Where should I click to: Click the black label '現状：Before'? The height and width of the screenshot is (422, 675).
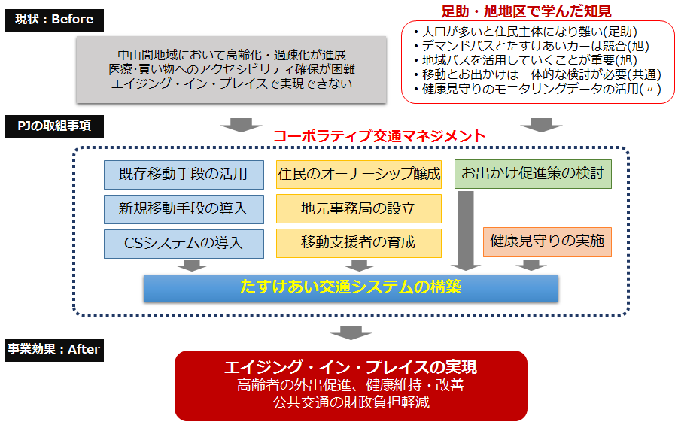(54, 20)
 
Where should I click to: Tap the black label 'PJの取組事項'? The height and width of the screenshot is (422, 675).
(54, 126)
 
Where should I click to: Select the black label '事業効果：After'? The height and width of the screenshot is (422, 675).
(54, 350)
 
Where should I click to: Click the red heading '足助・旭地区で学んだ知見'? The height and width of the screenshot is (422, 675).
(526, 11)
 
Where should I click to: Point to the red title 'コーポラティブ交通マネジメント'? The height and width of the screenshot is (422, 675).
(379, 136)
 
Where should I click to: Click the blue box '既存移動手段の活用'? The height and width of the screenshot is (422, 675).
(184, 175)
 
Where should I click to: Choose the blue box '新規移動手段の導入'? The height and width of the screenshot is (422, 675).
(184, 209)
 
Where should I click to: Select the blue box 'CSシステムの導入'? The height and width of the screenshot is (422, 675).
(184, 244)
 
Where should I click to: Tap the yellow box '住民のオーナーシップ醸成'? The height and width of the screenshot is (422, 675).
(359, 175)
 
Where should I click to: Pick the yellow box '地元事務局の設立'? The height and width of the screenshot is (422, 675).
(359, 208)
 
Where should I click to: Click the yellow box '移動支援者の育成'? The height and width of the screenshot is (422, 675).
(359, 243)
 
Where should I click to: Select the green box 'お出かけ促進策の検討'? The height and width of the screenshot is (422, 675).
(533, 174)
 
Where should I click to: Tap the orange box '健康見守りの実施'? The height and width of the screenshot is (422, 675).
(547, 241)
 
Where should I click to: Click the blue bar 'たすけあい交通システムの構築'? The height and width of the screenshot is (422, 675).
(351, 288)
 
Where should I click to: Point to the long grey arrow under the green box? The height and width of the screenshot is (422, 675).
(465, 231)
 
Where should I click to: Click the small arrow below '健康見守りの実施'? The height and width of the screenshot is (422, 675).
(531, 265)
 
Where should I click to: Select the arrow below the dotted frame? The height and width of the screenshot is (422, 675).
(351, 332)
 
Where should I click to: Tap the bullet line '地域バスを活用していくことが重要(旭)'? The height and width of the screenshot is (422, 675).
(525, 60)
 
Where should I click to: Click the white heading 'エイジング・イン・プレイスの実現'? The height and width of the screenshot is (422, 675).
(351, 367)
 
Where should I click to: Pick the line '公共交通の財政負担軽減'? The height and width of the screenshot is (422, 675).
(351, 402)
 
